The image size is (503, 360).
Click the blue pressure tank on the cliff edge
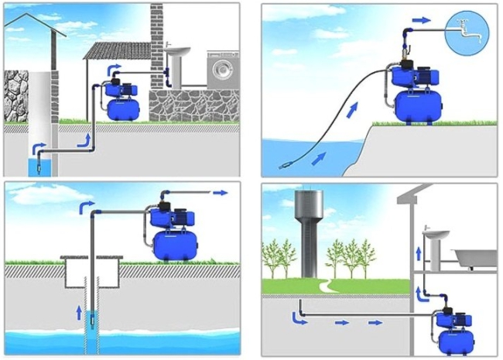[418, 105]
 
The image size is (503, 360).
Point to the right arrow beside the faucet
[421, 20]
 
